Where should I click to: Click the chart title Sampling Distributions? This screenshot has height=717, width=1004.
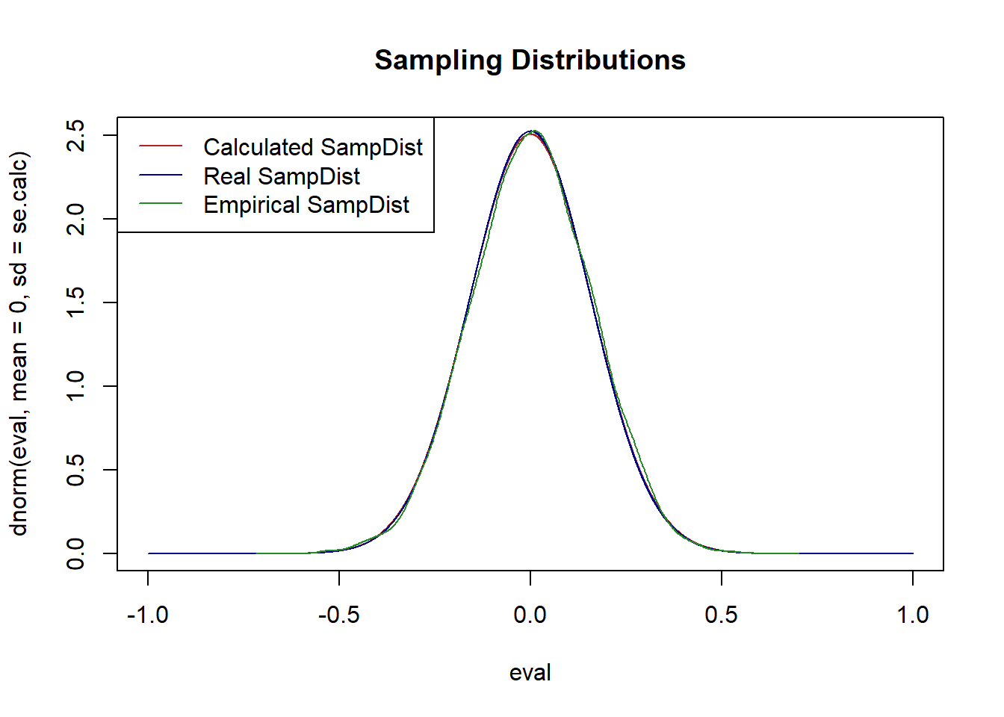[530, 60]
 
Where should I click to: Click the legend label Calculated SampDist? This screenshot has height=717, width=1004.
[313, 147]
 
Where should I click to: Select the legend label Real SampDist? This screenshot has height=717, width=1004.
[282, 176]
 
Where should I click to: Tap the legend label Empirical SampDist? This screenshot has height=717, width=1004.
[306, 205]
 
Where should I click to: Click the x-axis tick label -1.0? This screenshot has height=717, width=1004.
[148, 615]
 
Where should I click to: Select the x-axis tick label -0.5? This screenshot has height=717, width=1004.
[339, 615]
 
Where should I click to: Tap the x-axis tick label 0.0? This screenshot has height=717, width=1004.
[530, 615]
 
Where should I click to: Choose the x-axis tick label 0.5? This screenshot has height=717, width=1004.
[722, 615]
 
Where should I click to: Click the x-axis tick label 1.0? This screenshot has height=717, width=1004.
[913, 615]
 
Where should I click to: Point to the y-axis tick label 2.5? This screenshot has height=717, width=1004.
[75, 135]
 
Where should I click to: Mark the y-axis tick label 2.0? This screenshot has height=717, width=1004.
[75, 219]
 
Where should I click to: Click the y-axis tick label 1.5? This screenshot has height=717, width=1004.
[75, 302]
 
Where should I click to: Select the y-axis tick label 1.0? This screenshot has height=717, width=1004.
[75, 386]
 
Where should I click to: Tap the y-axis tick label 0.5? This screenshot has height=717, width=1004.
[75, 470]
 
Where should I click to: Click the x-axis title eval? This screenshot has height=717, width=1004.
[530, 673]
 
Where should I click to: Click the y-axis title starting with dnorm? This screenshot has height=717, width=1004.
[19, 344]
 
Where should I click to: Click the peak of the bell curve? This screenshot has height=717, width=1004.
[530, 132]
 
